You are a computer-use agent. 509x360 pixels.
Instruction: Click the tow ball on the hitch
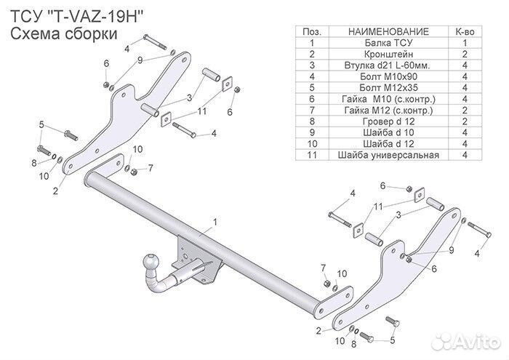point(153,259)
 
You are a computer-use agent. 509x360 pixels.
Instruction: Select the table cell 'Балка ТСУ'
point(388,43)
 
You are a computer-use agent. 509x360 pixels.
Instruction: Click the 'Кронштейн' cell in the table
point(388,54)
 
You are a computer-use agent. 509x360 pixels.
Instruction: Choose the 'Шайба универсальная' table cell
point(388,154)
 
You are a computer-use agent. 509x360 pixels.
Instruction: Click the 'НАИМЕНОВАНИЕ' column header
point(388,32)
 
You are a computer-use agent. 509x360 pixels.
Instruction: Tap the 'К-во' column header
point(465,32)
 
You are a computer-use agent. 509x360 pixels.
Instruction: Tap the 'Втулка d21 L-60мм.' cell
point(388,65)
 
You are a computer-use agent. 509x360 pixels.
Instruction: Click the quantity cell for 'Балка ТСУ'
point(465,43)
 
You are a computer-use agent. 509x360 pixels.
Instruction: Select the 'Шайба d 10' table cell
point(388,132)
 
